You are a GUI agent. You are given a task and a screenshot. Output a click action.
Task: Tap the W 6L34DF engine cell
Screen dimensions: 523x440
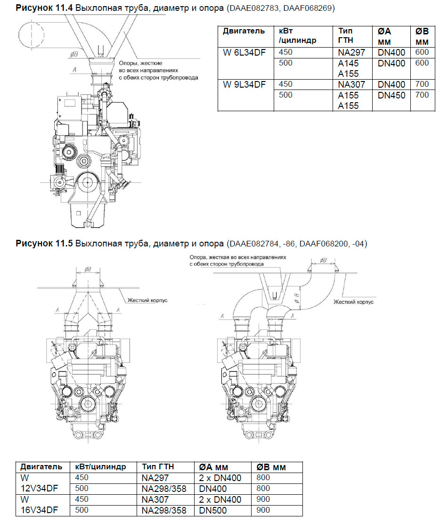(x=244, y=52)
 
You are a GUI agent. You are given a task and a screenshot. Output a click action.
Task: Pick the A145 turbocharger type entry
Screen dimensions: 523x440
(x=348, y=63)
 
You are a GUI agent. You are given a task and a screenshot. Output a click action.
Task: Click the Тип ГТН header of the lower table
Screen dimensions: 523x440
(x=158, y=466)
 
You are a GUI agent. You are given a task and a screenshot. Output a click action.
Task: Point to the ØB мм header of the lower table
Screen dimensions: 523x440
(x=271, y=467)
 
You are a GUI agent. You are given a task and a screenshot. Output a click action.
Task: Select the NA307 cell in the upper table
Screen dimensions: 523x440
(x=351, y=85)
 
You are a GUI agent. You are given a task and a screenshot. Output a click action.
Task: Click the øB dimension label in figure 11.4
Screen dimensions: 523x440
(x=73, y=55)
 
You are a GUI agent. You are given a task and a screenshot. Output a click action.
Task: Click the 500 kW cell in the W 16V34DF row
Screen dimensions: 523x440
(x=81, y=510)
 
